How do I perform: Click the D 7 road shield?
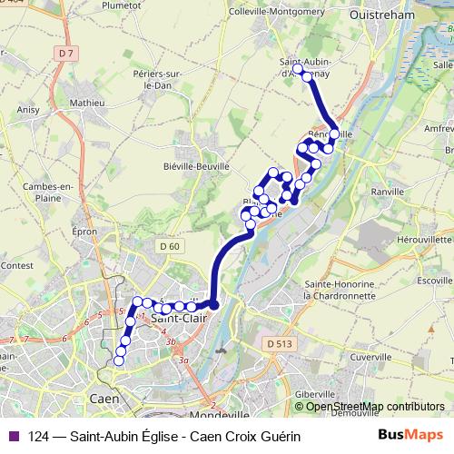64,54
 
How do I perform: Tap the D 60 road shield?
169,245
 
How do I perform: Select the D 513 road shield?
280,342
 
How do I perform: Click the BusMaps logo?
410,436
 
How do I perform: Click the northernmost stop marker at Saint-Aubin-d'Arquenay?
298,69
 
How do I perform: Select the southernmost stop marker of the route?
118,361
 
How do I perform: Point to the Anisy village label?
27,109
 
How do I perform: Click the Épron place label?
84,232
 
